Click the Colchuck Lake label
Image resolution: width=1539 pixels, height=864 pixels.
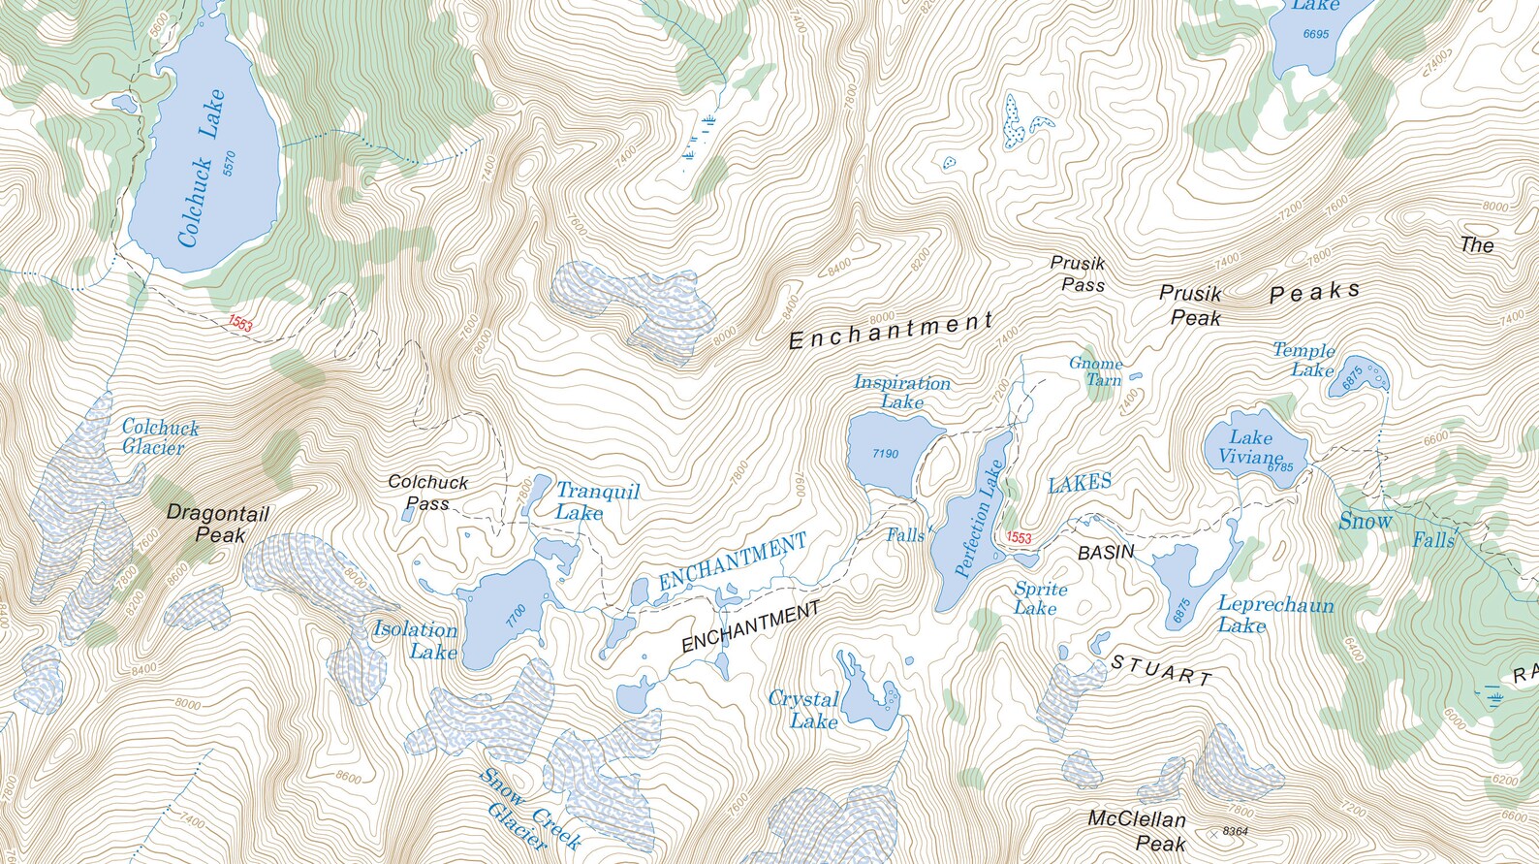point(201,168)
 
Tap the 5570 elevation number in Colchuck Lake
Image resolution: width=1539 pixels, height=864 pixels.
point(230,163)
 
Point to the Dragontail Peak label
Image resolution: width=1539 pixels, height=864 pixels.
point(218,524)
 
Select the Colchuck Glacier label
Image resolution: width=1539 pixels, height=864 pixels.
point(159,437)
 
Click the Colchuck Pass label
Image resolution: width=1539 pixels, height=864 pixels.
point(427,493)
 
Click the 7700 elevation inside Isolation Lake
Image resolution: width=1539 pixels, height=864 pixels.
point(515,615)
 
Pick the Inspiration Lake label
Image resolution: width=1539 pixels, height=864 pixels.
point(901,392)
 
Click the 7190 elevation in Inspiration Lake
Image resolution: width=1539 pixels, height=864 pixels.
point(885,453)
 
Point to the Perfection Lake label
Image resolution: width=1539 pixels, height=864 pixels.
point(979,519)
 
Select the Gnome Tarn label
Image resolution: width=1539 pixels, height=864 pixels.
point(1096,371)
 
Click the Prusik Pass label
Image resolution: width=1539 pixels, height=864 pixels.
point(1080,274)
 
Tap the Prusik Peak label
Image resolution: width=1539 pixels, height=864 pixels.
point(1191,305)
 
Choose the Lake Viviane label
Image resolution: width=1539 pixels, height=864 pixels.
point(1250,448)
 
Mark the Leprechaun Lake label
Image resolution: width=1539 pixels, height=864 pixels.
point(1274,615)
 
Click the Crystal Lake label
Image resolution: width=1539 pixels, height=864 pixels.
point(804,710)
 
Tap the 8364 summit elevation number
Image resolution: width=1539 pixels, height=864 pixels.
point(1235,831)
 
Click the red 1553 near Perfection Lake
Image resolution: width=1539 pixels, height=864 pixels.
point(1019,537)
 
